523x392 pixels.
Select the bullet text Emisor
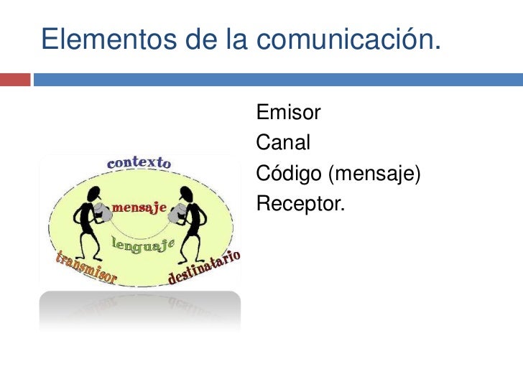coord(288,113)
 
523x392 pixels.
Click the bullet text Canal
coord(283,143)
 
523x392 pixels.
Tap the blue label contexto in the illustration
coord(139,162)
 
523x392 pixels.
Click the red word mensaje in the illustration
coord(141,208)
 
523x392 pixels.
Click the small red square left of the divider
coord(15,78)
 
